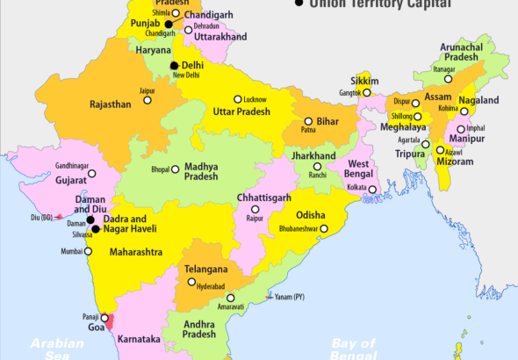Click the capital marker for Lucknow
point(237,99)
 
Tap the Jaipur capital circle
point(147,99)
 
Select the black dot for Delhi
point(175,66)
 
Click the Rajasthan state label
point(111,104)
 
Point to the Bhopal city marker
point(176,169)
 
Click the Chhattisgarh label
point(263,198)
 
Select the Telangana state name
point(206,269)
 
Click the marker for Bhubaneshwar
point(324,228)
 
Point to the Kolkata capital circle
point(372,189)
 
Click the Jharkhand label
point(314,156)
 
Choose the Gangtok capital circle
point(368,92)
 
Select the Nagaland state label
point(479,101)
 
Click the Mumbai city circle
point(90,252)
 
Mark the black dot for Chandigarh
point(169,24)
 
